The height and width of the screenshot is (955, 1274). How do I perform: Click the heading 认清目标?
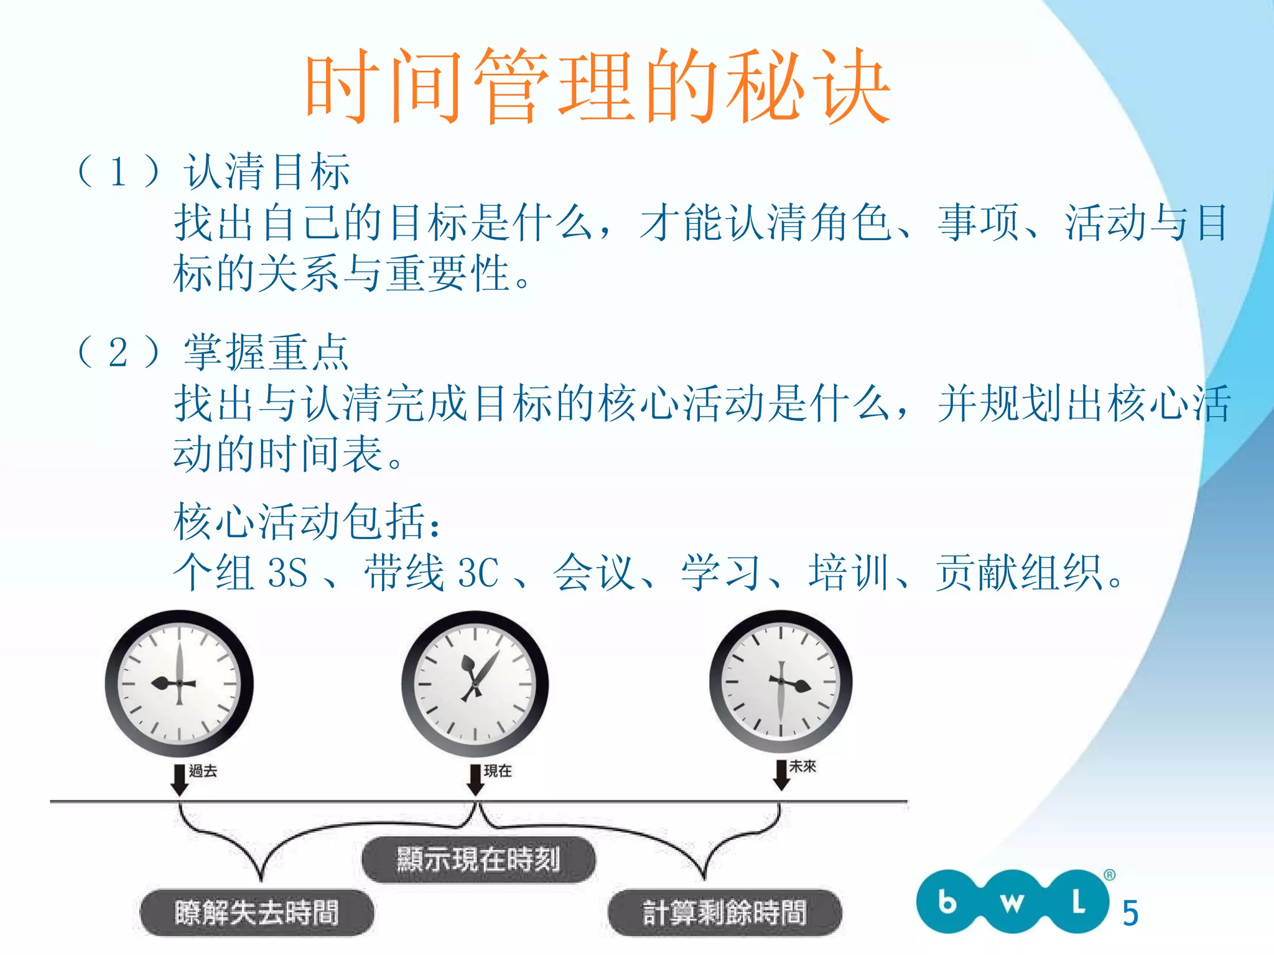[267, 172]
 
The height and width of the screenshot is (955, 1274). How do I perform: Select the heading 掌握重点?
[267, 352]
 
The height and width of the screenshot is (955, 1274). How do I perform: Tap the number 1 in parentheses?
[118, 172]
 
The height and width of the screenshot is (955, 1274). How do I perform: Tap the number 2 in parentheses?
[118, 353]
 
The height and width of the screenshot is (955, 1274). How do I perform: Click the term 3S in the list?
[287, 572]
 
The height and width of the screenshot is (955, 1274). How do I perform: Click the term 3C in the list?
[478, 572]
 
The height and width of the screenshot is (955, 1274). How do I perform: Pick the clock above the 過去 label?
[179, 683]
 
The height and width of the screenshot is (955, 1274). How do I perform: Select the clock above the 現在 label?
[475, 684]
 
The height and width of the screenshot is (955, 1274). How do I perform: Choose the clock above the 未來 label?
[781, 681]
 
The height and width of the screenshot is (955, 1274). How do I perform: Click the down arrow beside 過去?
[179, 780]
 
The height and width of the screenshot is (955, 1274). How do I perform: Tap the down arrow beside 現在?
[475, 780]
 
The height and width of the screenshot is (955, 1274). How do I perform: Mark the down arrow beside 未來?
[781, 775]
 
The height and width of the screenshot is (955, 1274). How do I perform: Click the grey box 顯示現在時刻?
[478, 860]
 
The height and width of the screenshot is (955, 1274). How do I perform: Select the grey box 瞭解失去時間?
[257, 913]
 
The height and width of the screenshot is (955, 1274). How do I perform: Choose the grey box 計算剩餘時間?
[725, 913]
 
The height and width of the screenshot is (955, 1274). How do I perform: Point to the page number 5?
[1130, 913]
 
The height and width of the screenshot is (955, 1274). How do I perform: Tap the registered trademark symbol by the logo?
[1109, 875]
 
